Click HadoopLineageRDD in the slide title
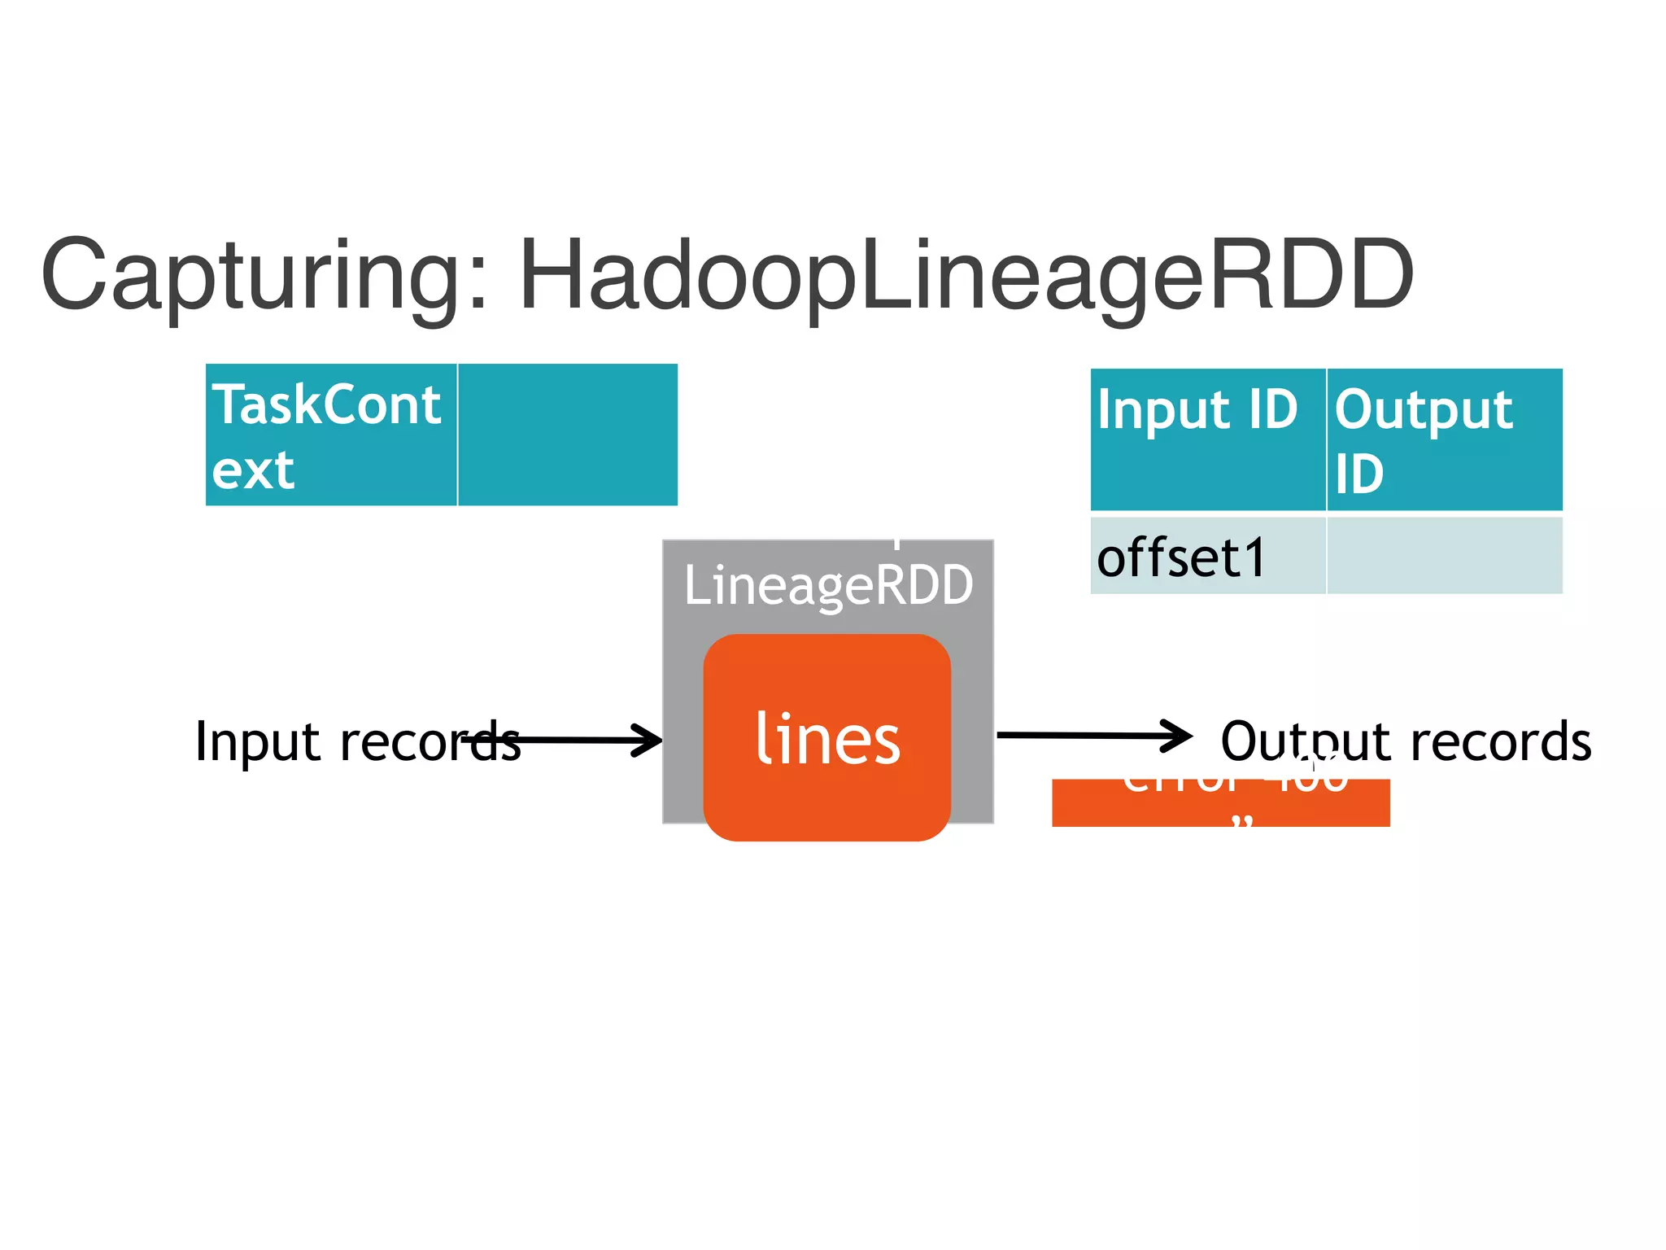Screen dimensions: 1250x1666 (966, 277)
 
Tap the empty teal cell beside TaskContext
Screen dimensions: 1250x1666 (568, 435)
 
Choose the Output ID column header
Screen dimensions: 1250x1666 (1444, 439)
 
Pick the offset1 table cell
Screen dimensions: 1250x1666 (1207, 557)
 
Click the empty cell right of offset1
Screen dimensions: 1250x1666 (1444, 557)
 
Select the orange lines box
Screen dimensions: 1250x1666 (826, 806)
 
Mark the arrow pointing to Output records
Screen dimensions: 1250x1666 (1090, 736)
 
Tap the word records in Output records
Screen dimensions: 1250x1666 (1501, 742)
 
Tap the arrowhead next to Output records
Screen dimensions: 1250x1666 (1178, 736)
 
